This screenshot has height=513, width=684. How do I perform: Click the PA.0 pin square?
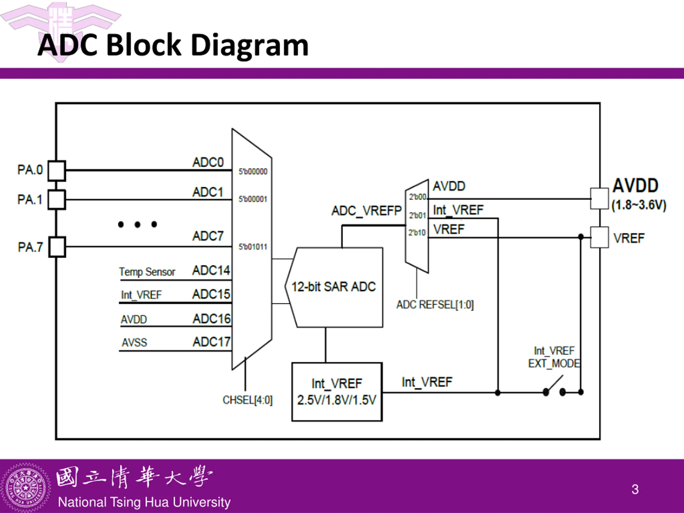point(57,171)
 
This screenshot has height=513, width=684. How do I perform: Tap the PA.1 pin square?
point(57,200)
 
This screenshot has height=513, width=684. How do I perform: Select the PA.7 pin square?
point(57,247)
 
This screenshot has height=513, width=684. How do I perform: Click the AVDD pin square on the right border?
point(599,199)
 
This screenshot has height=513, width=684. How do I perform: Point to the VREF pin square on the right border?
point(599,237)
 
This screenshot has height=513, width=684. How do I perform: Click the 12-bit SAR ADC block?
point(334,287)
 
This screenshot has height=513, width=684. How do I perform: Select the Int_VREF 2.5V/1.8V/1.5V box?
point(337,392)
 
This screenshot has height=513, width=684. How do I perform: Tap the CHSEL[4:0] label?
point(247,400)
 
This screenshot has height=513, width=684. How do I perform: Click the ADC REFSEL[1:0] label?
point(435,305)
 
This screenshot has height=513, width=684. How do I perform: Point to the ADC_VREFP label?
point(366,211)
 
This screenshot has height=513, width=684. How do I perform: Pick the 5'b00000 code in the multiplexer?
point(253,171)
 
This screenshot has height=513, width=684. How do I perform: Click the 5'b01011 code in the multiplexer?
point(253,247)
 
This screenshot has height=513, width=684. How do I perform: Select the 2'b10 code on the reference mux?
point(417,232)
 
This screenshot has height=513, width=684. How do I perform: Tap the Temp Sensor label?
point(147,272)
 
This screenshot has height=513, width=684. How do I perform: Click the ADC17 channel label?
point(212,342)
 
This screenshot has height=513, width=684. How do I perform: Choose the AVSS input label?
point(134,343)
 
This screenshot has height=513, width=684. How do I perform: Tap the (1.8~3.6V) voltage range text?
point(639,205)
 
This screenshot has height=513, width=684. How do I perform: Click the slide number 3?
point(635,489)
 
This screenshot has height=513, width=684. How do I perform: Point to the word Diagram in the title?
point(250,46)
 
